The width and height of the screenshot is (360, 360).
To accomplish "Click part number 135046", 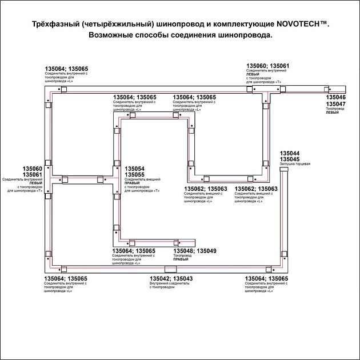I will coord(335,98).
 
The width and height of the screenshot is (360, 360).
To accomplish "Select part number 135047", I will coord(335,105).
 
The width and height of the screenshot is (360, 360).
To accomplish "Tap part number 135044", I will coord(290,154).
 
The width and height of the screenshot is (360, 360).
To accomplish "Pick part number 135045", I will coord(290,159).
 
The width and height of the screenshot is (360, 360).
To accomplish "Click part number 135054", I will coord(134,169).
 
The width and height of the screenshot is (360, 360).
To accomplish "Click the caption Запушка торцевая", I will coord(295,164).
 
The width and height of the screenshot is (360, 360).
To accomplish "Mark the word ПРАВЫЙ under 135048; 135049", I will coord(181,259).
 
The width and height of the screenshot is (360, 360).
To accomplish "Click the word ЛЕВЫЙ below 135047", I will coord(332,113).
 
